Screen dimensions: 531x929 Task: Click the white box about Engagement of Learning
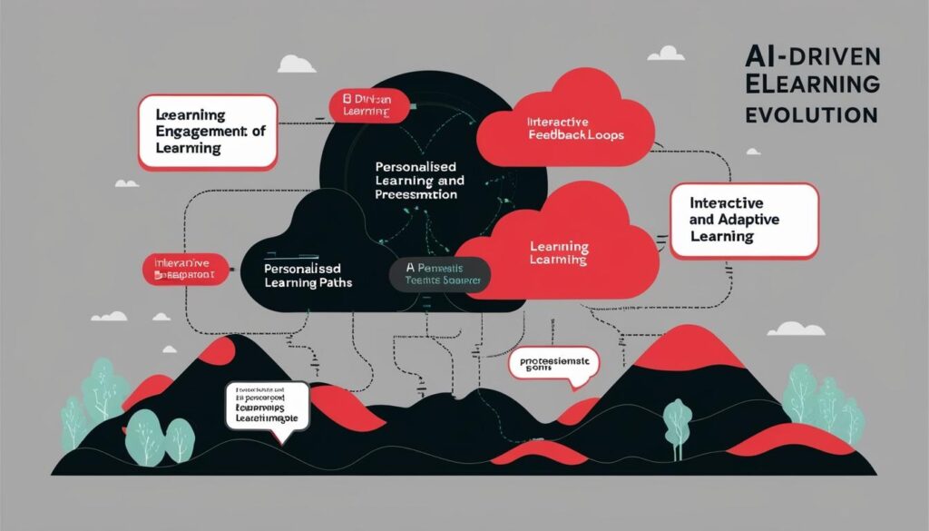207,132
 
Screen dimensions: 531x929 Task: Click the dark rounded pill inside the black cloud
440,275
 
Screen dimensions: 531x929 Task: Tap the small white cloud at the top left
298,64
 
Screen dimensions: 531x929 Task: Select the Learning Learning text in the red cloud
559,253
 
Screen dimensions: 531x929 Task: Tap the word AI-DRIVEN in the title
810,57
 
